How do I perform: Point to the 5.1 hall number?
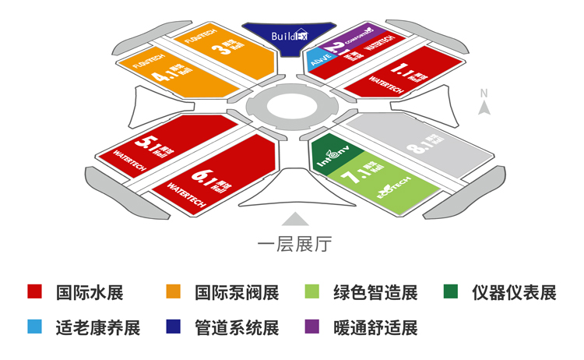147,143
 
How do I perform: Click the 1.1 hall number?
405,73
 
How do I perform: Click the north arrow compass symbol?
484,106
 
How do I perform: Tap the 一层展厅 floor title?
294,245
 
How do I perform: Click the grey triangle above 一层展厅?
294,219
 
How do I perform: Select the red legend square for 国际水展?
33,292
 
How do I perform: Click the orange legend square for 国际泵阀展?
173,292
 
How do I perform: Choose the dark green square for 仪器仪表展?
450,292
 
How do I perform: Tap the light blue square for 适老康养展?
33,326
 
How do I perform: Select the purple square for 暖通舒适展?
311,326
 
